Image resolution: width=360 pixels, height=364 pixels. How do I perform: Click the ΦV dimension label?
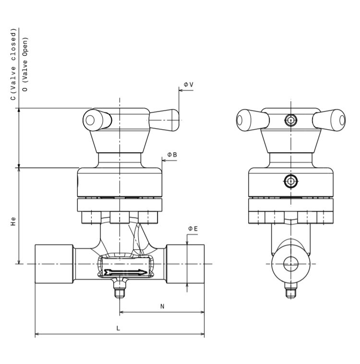[189, 85]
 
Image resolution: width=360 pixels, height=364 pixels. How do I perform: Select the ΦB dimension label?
[172, 155]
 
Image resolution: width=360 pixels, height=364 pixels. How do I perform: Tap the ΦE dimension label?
[193, 229]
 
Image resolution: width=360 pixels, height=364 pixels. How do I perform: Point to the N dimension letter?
[162, 306]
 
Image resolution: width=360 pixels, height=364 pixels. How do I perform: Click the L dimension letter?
[118, 328]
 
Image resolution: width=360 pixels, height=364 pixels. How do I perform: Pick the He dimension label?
[13, 221]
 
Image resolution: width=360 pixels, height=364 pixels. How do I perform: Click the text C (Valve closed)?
[13, 64]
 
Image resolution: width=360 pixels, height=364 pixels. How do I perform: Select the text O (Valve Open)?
[25, 64]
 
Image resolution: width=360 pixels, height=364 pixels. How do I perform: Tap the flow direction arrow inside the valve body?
[126, 272]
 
